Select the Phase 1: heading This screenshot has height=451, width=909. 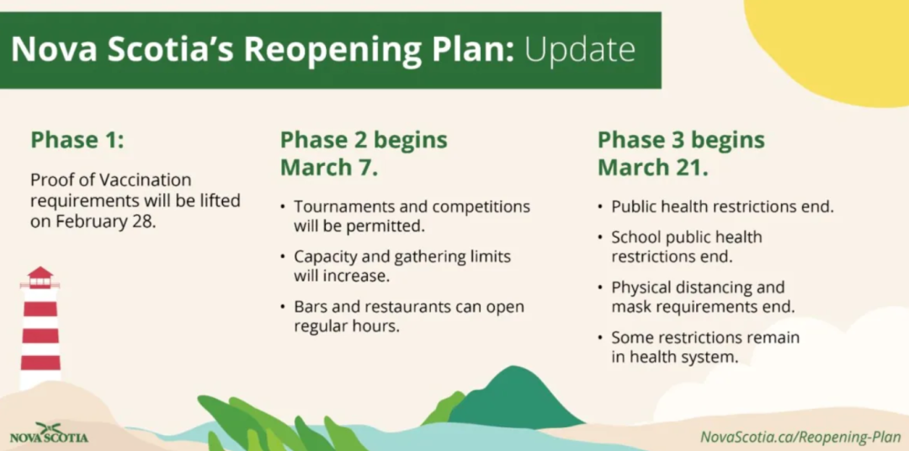click(77, 140)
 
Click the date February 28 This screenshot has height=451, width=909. click(106, 222)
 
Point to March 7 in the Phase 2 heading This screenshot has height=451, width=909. click(329, 167)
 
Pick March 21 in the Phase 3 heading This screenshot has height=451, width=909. click(653, 167)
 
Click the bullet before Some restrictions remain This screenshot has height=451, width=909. click(600, 338)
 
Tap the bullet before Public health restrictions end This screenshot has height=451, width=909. click(600, 207)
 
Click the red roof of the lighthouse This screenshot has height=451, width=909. click(40, 272)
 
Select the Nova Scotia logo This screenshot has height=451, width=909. click(49, 432)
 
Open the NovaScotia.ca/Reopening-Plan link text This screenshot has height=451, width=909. click(800, 437)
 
